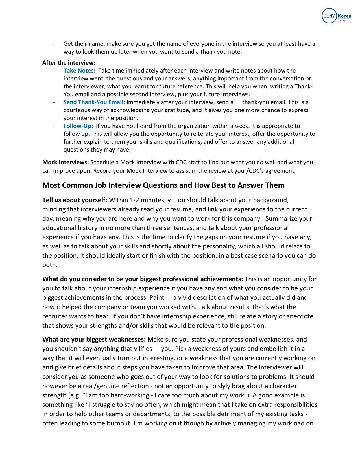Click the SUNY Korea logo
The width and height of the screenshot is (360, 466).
[336, 16]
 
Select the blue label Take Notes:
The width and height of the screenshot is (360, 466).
[79, 71]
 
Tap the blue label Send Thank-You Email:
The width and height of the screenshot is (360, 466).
[94, 102]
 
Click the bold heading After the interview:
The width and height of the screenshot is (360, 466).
[69, 63]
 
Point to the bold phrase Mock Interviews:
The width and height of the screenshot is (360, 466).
[66, 162]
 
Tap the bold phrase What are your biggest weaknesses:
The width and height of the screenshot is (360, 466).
[94, 340]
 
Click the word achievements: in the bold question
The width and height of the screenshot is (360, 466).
[222, 279]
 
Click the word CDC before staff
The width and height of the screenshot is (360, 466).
[181, 162]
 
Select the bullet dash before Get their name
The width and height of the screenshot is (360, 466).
[54, 44]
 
